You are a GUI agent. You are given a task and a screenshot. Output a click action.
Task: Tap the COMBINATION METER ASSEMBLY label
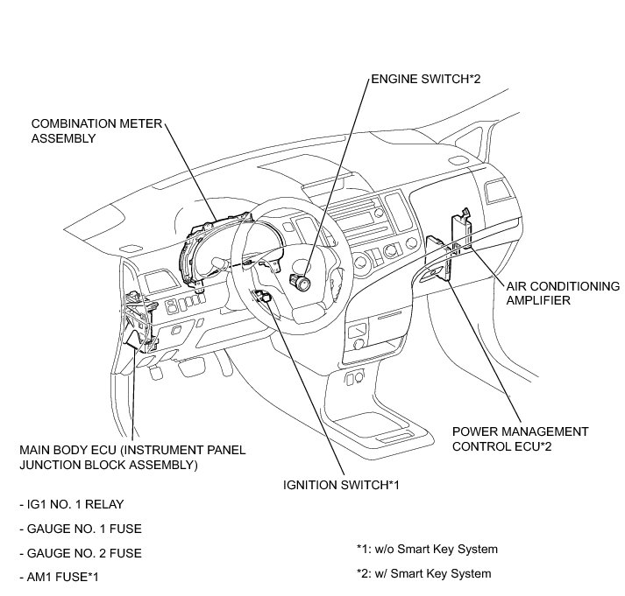(96, 130)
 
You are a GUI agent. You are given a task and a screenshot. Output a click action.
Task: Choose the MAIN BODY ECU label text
(131, 457)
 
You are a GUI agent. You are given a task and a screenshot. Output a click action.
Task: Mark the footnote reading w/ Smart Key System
(423, 574)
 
